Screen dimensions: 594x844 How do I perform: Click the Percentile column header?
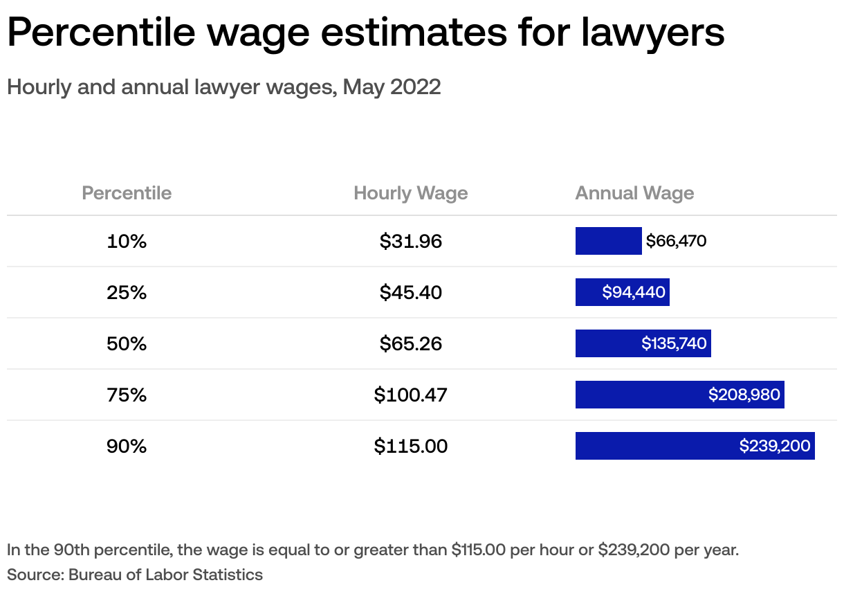click(127, 192)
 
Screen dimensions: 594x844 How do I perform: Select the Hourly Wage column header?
click(410, 192)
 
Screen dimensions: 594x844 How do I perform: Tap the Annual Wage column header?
click(634, 192)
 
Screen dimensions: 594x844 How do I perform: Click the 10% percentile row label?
click(127, 241)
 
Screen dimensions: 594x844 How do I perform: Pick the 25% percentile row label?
click(127, 292)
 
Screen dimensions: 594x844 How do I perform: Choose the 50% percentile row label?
click(127, 343)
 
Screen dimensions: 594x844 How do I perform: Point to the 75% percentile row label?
click(127, 395)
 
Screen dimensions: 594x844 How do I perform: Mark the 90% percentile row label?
click(127, 446)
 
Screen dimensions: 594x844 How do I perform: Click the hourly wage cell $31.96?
click(410, 241)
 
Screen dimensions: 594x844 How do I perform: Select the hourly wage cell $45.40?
click(410, 292)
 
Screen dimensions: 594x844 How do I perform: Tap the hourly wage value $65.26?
click(410, 343)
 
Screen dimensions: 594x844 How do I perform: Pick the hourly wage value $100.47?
click(410, 395)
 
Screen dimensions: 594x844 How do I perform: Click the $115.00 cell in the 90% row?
click(410, 446)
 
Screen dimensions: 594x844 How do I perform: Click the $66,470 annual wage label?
click(676, 241)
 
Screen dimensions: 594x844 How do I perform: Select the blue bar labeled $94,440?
click(622, 292)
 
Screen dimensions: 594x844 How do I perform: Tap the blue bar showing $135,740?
click(643, 343)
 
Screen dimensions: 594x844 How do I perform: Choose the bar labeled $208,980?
click(679, 395)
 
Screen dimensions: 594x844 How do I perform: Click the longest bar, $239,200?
click(695, 446)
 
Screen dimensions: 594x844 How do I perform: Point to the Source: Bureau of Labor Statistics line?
click(135, 575)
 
